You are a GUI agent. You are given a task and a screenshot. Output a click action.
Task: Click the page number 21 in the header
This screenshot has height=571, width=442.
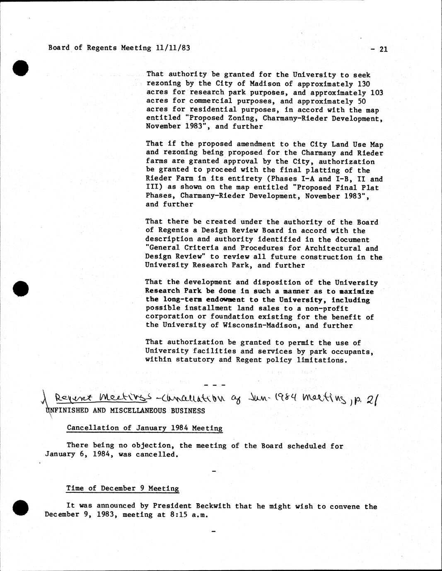383,49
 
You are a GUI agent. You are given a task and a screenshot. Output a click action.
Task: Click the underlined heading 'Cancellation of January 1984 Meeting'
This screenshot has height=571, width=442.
145,428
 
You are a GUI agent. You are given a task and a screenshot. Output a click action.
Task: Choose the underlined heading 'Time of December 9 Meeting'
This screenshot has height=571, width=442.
123,488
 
